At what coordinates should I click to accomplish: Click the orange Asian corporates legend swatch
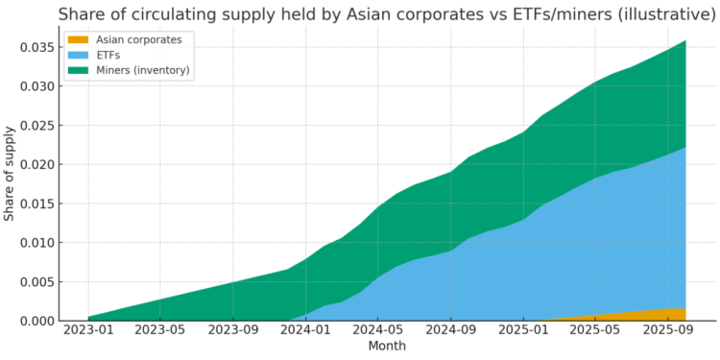pos(78,39)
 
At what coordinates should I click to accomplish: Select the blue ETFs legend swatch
pos(78,55)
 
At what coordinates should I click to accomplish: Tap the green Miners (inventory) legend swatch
pos(78,70)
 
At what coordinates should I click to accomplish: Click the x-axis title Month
pos(388,347)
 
